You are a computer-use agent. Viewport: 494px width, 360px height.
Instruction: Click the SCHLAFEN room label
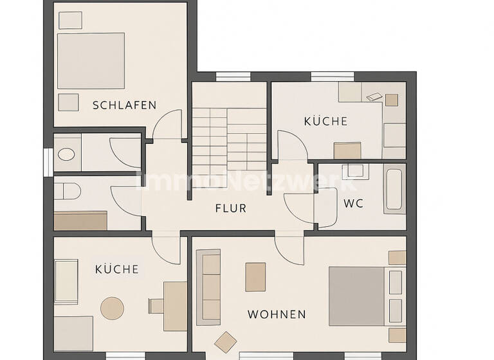(x=124, y=105)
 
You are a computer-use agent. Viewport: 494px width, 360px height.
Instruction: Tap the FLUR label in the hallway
(x=230, y=208)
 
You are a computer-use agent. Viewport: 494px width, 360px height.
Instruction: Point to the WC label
(x=353, y=203)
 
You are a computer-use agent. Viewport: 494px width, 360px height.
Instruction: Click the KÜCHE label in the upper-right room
(x=325, y=121)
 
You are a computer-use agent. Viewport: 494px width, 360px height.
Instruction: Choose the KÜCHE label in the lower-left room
(x=116, y=269)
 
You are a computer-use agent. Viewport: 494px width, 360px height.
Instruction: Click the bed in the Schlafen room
(x=91, y=60)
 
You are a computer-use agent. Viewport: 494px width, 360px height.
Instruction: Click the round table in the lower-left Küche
(x=112, y=308)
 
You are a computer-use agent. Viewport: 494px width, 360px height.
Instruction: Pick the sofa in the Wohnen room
(x=208, y=286)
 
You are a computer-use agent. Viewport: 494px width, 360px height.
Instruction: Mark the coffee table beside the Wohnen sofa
(x=255, y=276)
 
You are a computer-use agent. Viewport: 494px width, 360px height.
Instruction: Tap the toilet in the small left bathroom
(x=67, y=191)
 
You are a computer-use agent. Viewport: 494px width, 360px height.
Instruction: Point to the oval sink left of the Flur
(x=66, y=154)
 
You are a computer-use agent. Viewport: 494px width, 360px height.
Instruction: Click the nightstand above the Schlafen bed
(x=70, y=20)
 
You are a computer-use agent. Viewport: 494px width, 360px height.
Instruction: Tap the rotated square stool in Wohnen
(x=226, y=341)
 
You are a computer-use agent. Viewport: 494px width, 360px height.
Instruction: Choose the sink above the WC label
(x=354, y=171)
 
